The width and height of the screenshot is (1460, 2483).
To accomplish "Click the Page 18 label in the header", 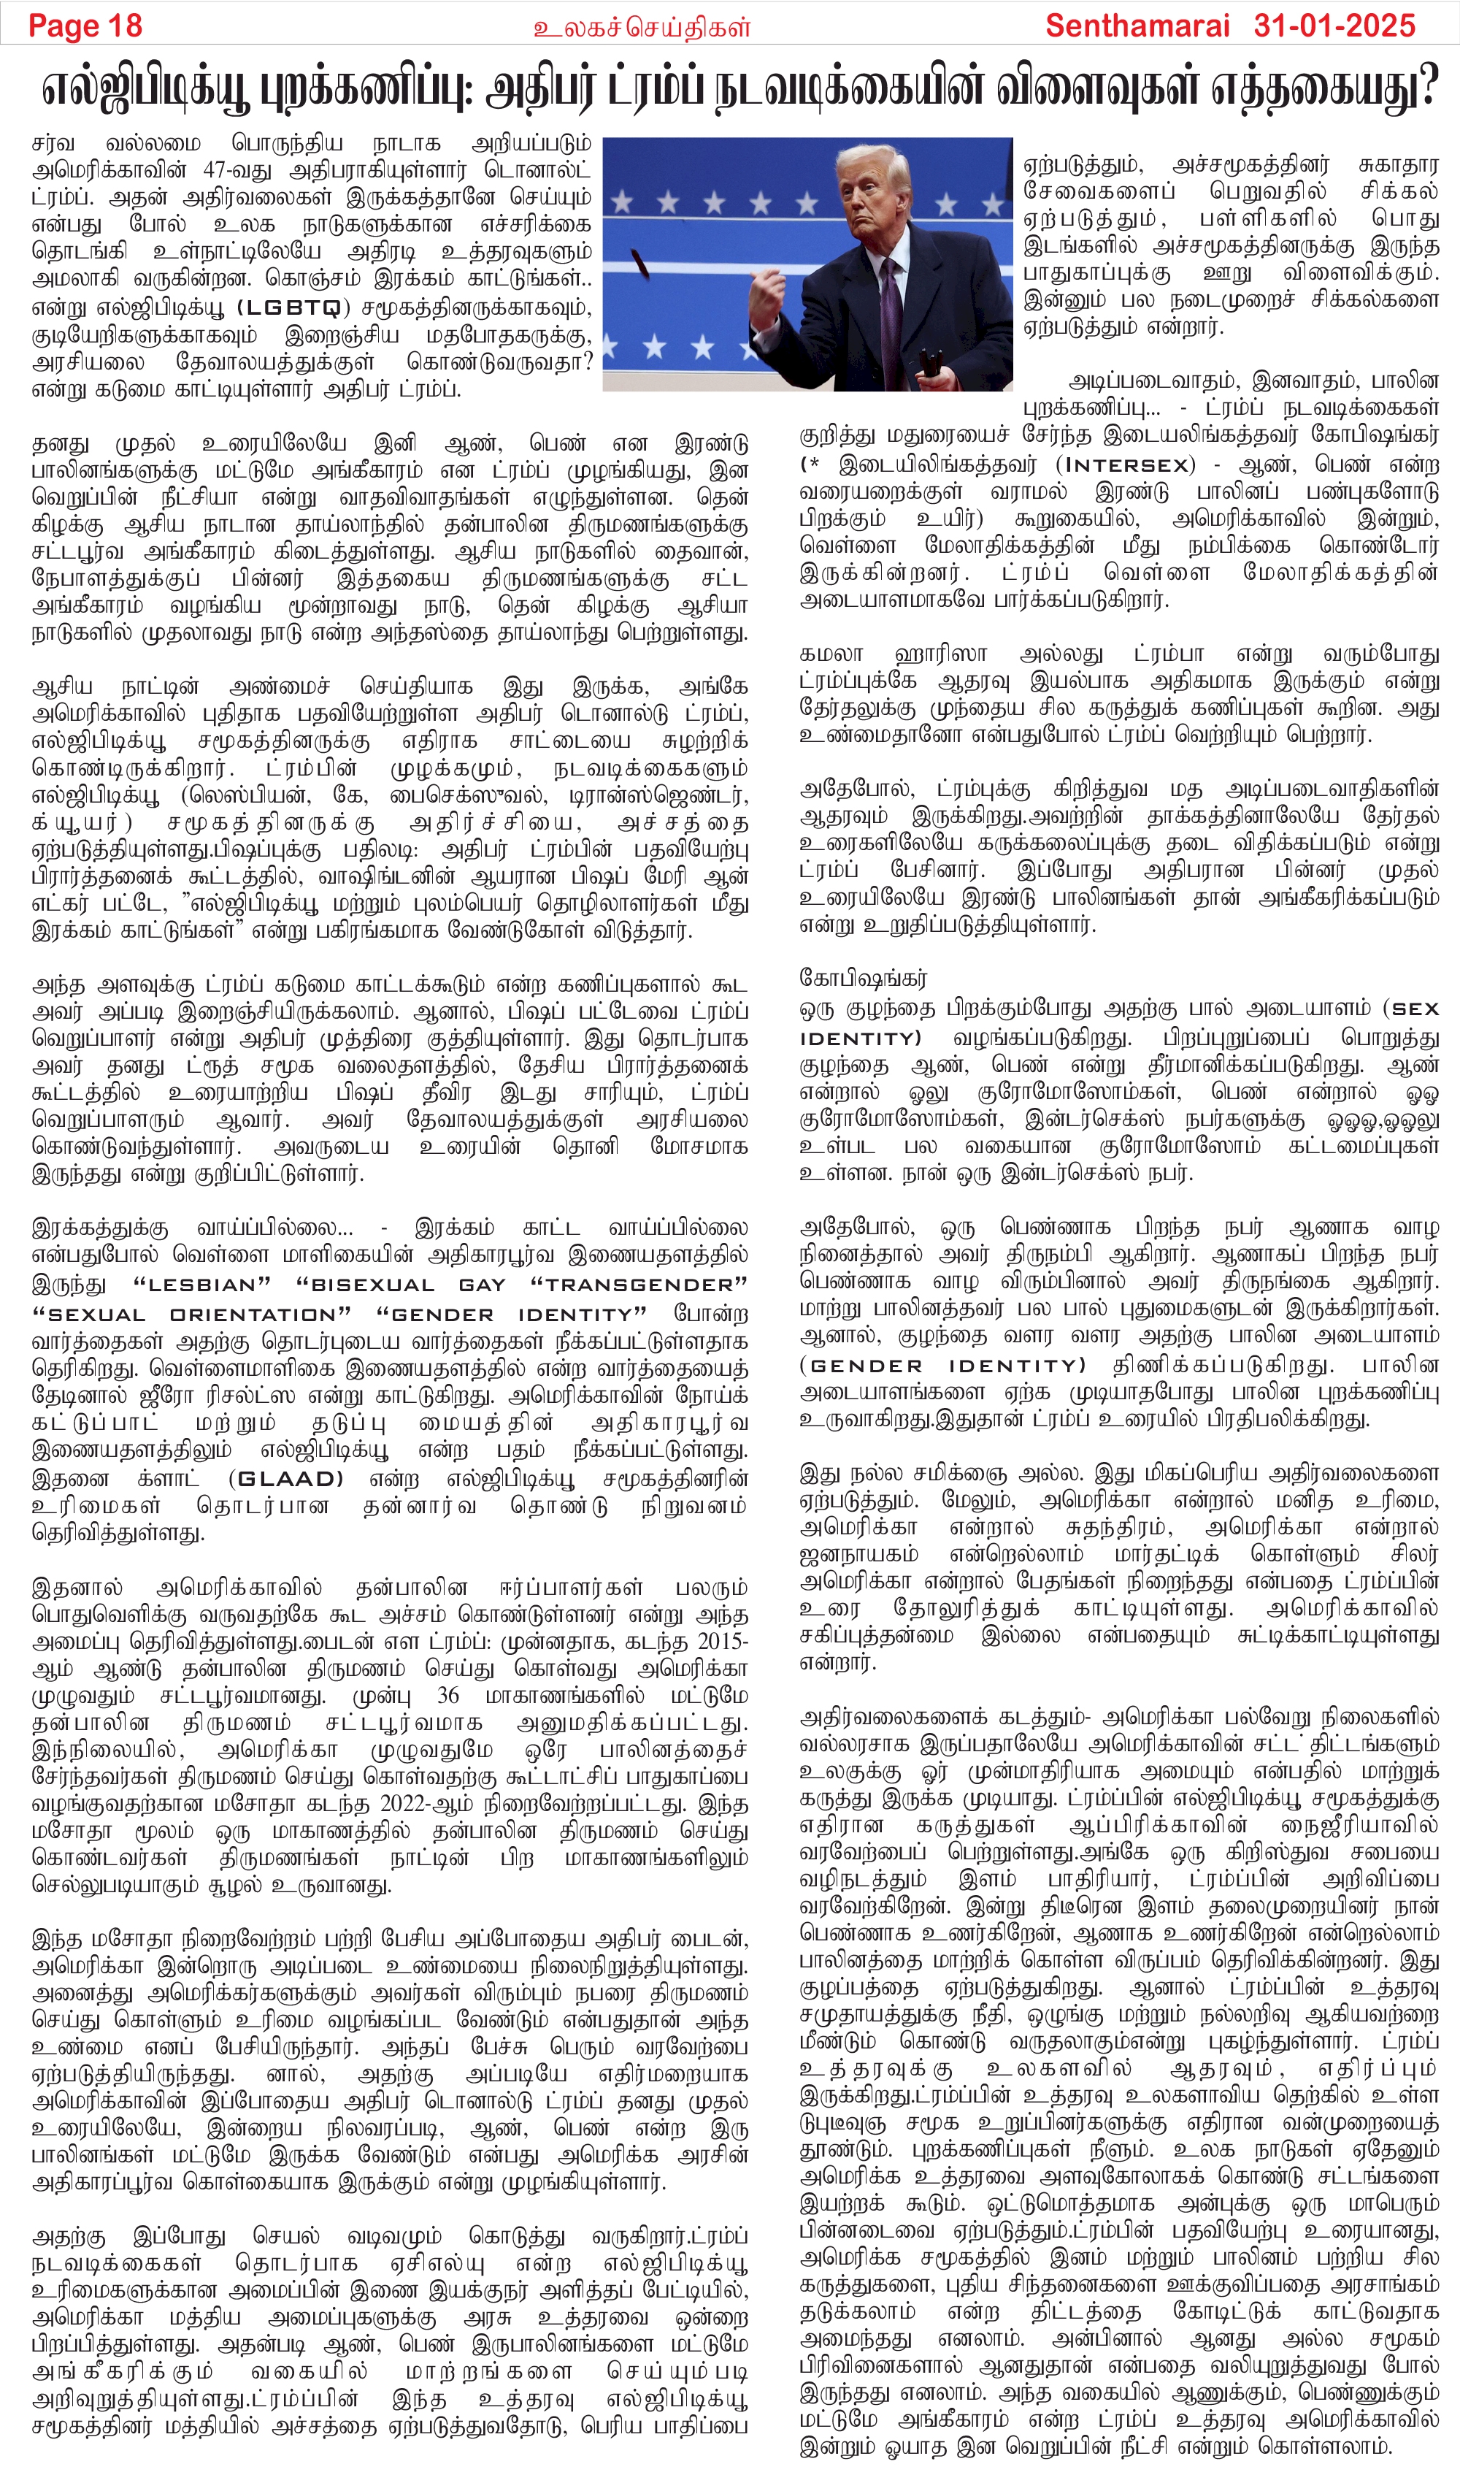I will click(85, 26).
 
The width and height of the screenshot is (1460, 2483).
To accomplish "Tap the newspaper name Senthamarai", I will click(1138, 26).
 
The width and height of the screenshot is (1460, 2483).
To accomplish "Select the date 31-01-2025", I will click(1335, 26).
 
